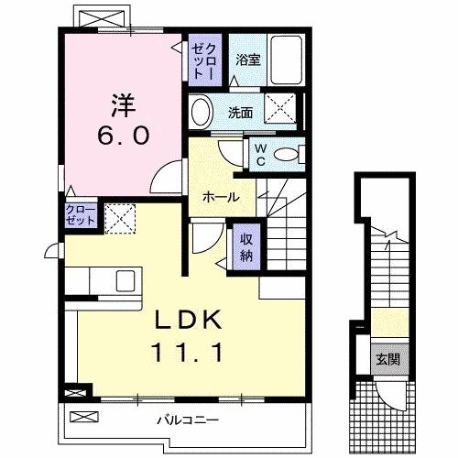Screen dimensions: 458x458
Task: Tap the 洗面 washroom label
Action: [x=242, y=114]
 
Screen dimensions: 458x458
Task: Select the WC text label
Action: [x=259, y=153]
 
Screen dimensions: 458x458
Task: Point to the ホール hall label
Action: [x=221, y=197]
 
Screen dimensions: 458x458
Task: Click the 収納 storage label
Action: [x=246, y=246]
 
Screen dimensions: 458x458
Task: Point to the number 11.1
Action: [x=187, y=351]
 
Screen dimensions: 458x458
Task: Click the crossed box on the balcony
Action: [x=82, y=417]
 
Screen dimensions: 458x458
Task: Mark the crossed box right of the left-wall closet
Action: [x=117, y=217]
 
